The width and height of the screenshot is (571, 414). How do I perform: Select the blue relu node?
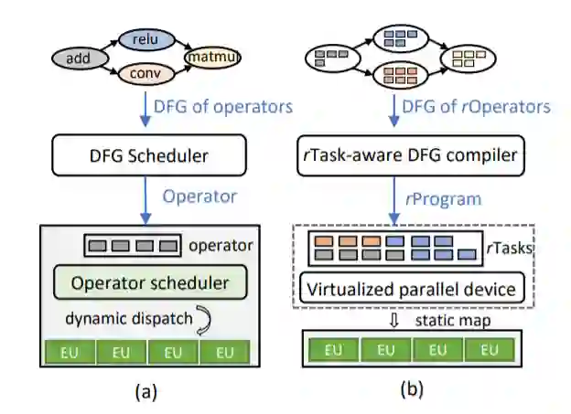(x=141, y=39)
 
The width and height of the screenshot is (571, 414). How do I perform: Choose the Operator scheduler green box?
(x=153, y=281)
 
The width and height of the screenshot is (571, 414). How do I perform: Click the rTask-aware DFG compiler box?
(x=412, y=156)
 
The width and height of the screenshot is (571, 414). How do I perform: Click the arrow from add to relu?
(x=108, y=46)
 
